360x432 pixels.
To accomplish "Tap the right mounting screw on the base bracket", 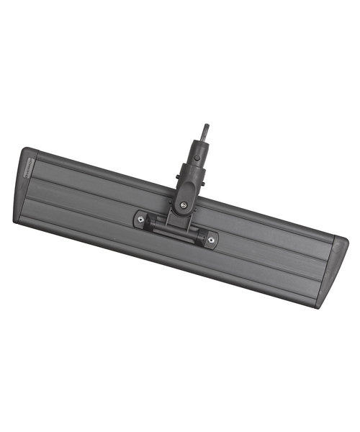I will pyautogui.click(x=210, y=240).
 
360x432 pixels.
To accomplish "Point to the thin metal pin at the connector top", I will pyautogui.click(x=205, y=132).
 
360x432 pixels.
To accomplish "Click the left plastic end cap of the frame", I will pyautogui.click(x=26, y=187).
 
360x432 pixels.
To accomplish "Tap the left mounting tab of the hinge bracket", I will pyautogui.click(x=141, y=219).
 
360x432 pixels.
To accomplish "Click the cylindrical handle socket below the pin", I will pyautogui.click(x=197, y=158).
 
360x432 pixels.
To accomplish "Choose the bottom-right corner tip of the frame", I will pyautogui.click(x=318, y=307).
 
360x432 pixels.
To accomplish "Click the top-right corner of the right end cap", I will pyautogui.click(x=346, y=240).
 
